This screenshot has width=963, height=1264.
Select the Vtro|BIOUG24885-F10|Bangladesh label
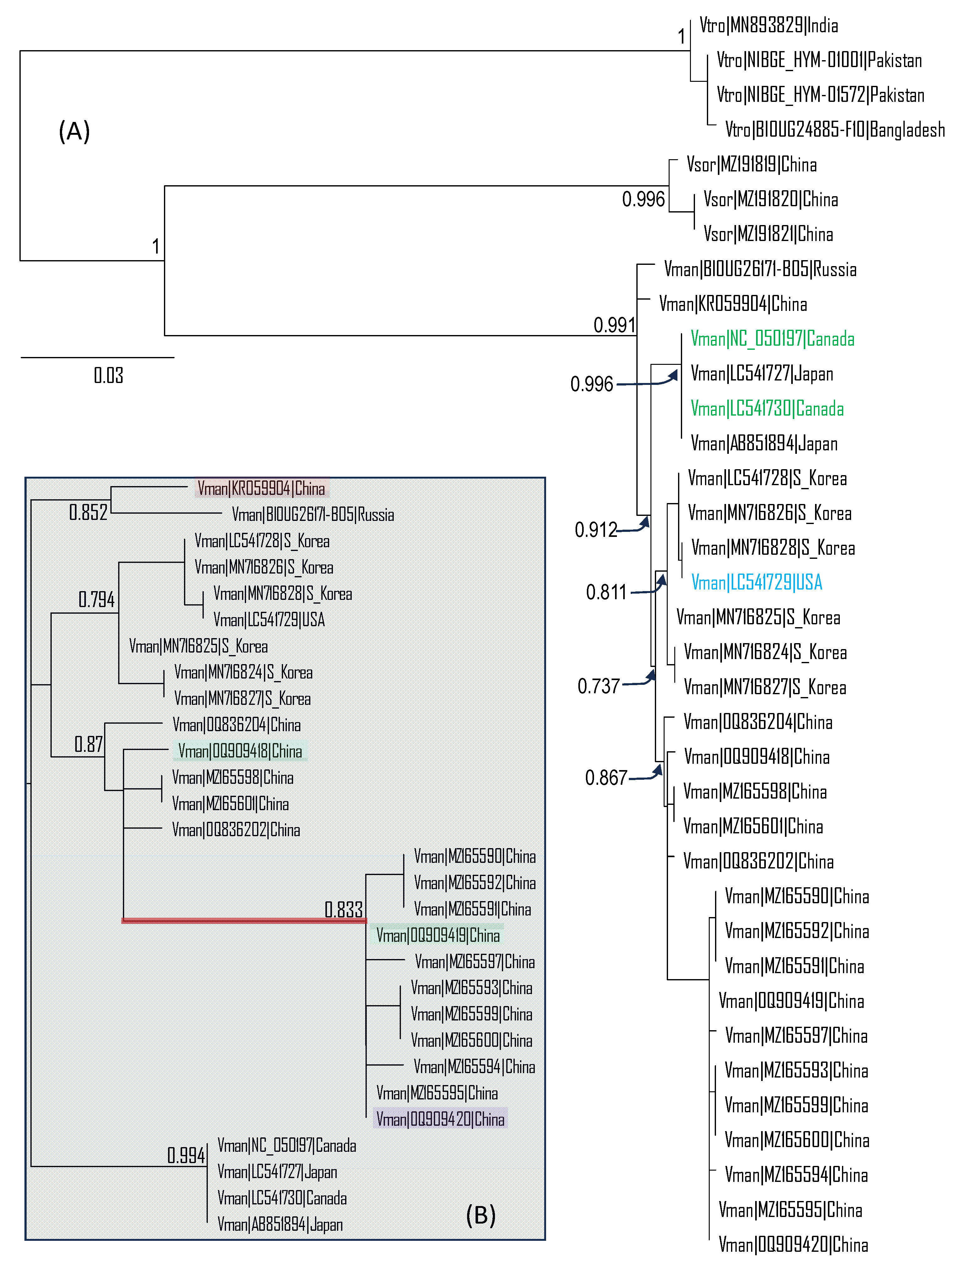coord(834,130)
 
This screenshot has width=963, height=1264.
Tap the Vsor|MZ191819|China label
coord(751,165)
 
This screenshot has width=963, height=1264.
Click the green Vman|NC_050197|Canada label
coord(772,339)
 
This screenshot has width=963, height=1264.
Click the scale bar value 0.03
coord(108,376)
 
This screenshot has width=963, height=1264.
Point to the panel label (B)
coord(480,1215)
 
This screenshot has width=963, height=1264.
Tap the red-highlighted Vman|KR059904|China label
coord(261,489)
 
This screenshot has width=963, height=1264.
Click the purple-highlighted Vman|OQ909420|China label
coord(440,1119)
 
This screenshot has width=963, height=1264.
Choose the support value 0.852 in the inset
coord(88,512)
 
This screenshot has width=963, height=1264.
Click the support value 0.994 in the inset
coord(186,1155)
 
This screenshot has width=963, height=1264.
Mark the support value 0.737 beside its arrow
coord(598,686)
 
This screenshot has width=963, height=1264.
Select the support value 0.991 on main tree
coord(614,325)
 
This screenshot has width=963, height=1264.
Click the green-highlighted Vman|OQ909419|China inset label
coord(438,936)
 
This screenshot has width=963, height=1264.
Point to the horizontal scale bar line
coord(97,358)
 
